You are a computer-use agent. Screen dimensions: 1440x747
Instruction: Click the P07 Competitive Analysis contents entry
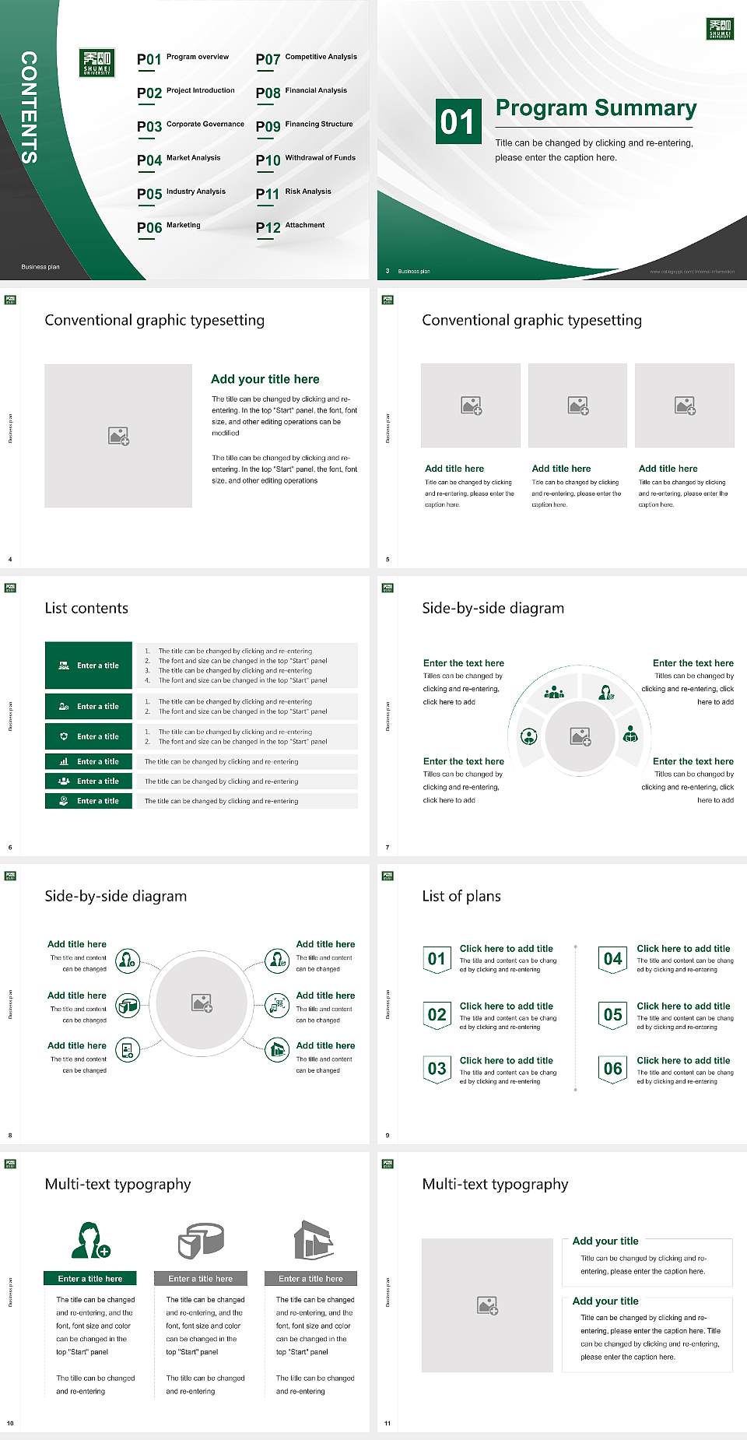(x=307, y=58)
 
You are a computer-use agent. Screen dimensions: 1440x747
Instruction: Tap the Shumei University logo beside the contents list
(x=97, y=63)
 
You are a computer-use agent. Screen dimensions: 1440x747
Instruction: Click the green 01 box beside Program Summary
(x=458, y=121)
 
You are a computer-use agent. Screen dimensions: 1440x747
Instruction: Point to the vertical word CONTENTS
(x=29, y=107)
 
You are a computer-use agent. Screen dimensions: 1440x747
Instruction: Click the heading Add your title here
(x=265, y=379)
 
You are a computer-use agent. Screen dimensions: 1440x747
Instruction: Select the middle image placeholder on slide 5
(x=577, y=405)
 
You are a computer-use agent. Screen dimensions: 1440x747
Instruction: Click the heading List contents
(x=86, y=608)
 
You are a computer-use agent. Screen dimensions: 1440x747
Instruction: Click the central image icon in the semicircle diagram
(x=580, y=736)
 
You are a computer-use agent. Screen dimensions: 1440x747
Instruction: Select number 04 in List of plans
(x=613, y=959)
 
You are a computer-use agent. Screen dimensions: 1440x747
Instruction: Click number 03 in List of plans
(x=437, y=1069)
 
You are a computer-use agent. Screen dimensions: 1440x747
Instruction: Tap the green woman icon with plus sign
(x=90, y=1241)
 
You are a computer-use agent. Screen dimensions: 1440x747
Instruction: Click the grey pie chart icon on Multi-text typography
(x=201, y=1241)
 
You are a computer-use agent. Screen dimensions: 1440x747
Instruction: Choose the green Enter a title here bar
(x=89, y=1278)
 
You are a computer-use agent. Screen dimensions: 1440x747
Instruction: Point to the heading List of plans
(x=461, y=896)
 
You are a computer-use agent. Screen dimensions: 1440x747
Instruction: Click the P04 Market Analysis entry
(x=179, y=160)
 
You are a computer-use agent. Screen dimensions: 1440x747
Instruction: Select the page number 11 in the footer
(x=388, y=1423)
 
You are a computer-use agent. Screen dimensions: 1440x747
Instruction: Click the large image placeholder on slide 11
(x=487, y=1305)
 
